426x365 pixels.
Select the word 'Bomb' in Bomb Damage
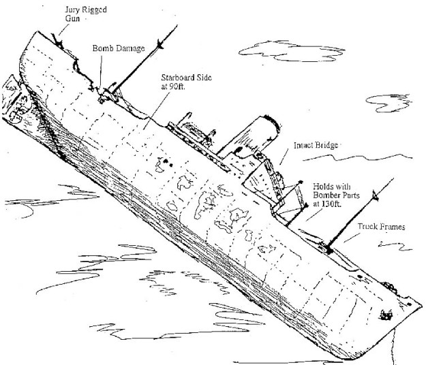click(x=104, y=48)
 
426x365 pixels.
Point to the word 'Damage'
click(x=133, y=49)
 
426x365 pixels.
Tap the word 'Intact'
click(x=305, y=146)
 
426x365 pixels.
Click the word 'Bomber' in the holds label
click(x=328, y=195)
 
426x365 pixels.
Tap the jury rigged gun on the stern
click(x=60, y=42)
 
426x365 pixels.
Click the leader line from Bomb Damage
click(x=103, y=68)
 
